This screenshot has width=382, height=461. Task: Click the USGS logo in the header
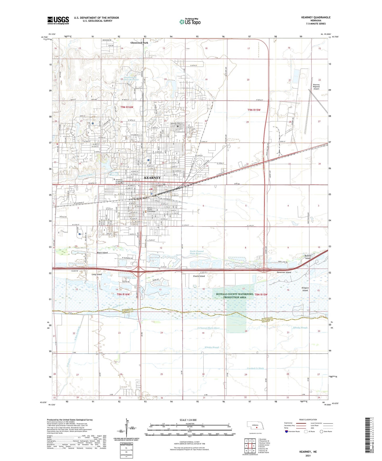pos(58,20)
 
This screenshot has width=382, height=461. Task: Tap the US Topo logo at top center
pos(190,22)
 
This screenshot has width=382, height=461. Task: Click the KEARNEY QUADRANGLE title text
pos(316,17)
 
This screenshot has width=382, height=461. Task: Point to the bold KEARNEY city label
pos(152,178)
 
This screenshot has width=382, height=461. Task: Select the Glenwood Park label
pos(139,43)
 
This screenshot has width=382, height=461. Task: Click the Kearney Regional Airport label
pos(316,87)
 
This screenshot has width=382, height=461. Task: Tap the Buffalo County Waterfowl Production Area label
pos(235,296)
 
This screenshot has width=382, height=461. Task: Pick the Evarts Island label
pos(199,276)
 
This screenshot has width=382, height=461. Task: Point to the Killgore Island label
pos(305,289)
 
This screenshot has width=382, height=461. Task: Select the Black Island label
pos(102,253)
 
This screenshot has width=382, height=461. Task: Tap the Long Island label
pos(97,274)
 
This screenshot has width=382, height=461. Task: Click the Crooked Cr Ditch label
pos(255,368)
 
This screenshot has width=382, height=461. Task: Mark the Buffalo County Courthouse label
pos(152,210)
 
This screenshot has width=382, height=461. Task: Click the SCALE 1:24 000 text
pos(188,420)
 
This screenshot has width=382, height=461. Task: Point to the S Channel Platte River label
pos(208,328)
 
